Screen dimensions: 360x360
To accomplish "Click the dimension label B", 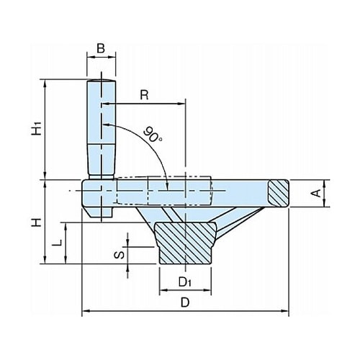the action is pos(101,48).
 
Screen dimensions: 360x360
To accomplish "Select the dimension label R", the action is pos(144,95).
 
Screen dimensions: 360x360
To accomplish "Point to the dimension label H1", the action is pos(37,128).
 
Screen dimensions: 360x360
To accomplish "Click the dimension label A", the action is pos(318,193).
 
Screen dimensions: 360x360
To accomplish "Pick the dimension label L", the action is pos(57,243).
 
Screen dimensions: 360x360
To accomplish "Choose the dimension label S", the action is pos(120,255).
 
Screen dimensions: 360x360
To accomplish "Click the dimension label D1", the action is pos(184,282).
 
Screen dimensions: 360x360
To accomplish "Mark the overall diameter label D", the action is pos(185,302).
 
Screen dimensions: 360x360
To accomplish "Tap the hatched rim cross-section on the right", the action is pos(279,193).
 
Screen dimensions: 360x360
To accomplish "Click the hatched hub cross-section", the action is pos(185,243).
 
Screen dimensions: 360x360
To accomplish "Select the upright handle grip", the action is pos(102,128).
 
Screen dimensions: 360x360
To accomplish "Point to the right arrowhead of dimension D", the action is pos(285,311).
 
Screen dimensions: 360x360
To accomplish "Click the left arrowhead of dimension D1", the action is pos(163,290).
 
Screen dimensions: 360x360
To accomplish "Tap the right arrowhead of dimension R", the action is pos(181,104).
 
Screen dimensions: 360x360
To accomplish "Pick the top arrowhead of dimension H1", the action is pos(45,83).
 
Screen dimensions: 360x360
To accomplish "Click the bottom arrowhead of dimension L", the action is pos(66,260).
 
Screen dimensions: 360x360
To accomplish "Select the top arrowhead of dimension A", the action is pos(325,184).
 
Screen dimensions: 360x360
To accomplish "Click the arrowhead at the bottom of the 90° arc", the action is pos(168,186).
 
